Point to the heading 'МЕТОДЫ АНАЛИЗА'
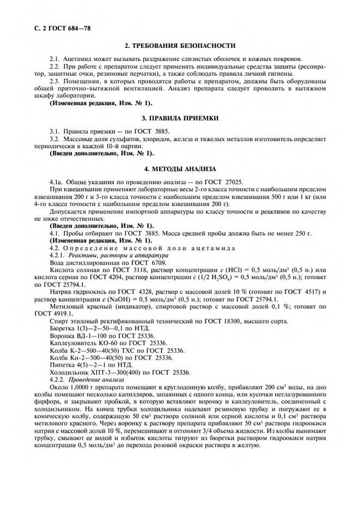(186, 169)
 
